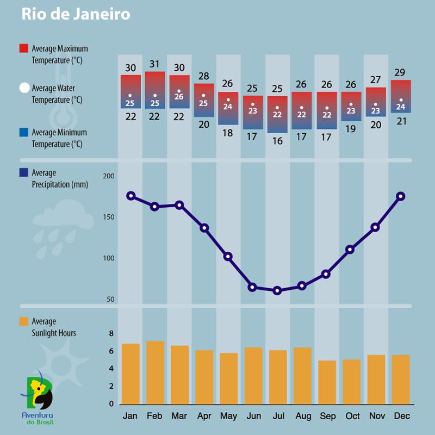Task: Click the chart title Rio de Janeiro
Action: pyautogui.click(x=76, y=14)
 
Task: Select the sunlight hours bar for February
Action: pyautogui.click(x=155, y=372)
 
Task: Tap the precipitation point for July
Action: pyautogui.click(x=277, y=290)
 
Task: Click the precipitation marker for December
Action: pyautogui.click(x=401, y=196)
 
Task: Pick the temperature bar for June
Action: pyautogui.click(x=253, y=112)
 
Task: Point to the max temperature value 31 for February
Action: pyautogui.click(x=155, y=64)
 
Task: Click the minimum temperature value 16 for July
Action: pyautogui.click(x=277, y=141)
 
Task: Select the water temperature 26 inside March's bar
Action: pyautogui.click(x=179, y=97)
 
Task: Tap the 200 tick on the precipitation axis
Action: pyautogui.click(x=109, y=176)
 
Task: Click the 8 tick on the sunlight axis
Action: pyautogui.click(x=111, y=333)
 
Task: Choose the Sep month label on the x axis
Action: pyautogui.click(x=327, y=416)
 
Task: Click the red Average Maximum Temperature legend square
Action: pyautogui.click(x=23, y=48)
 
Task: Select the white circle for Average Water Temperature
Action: pyautogui.click(x=24, y=88)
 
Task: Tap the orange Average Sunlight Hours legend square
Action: pyautogui.click(x=23, y=321)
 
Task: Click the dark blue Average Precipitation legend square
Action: pyautogui.click(x=23, y=173)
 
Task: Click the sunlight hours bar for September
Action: pyautogui.click(x=327, y=382)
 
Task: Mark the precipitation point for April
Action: pyautogui.click(x=204, y=228)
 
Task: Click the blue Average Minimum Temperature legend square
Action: pyautogui.click(x=23, y=132)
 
